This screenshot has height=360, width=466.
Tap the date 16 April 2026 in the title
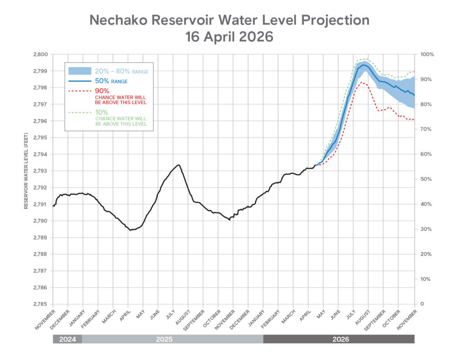(x=229, y=37)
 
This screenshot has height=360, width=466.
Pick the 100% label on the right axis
(x=428, y=54)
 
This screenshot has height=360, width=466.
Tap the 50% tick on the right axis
(x=426, y=179)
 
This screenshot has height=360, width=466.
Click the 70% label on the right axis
(x=426, y=129)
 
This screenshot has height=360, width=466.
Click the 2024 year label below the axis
(x=67, y=339)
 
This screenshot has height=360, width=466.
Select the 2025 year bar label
(x=172, y=339)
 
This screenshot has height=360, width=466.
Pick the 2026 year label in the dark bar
(x=339, y=339)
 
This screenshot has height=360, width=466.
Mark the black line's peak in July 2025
(x=178, y=165)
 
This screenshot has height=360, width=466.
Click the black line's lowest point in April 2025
(x=130, y=230)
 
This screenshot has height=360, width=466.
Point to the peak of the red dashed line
(x=362, y=83)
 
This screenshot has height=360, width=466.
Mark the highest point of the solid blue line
(x=364, y=65)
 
